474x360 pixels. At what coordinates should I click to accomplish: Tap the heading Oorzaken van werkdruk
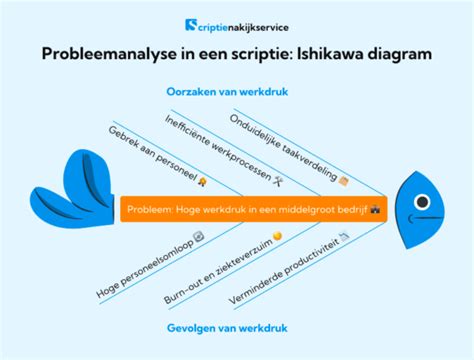point(237,92)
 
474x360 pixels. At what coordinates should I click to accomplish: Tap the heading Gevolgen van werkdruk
point(237,326)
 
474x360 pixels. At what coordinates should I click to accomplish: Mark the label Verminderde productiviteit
point(292,263)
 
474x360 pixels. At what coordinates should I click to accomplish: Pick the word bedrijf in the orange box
point(350,209)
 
